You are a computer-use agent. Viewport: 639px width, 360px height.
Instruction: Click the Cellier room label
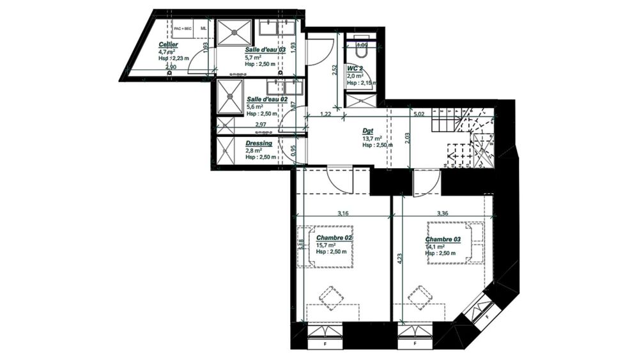[169, 45]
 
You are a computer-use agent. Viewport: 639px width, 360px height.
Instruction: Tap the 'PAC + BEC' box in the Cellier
[183, 29]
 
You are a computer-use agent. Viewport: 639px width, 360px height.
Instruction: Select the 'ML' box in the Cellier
[204, 29]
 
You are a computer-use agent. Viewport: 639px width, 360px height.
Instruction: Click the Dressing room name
[259, 144]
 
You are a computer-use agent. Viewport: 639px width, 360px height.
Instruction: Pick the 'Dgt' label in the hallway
[367, 130]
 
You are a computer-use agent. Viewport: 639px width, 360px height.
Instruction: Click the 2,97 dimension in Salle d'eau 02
[260, 124]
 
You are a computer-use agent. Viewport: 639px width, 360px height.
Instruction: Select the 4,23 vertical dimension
[399, 259]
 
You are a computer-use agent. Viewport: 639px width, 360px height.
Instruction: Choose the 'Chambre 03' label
[443, 239]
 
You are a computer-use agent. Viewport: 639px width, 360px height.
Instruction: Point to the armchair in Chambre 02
[330, 297]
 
